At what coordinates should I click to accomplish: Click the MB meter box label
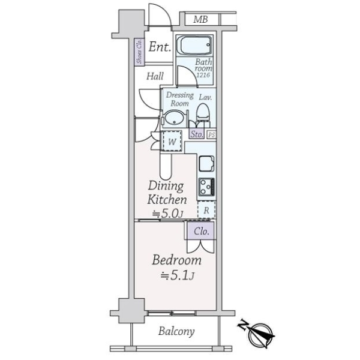pos(200,20)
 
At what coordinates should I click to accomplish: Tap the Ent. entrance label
pos(160,47)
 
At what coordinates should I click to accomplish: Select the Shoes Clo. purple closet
pos(139,52)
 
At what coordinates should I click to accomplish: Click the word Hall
pos(155,76)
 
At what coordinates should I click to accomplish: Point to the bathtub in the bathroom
pos(194,45)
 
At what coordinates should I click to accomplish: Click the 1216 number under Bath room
pos(203,75)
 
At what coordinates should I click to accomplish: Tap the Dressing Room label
pos(180,99)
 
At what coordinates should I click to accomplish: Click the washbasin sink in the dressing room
pos(174,118)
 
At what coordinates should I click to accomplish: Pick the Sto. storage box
pos(197,134)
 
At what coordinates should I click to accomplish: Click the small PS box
pos(211,135)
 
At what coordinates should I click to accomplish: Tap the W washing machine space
pos(172,141)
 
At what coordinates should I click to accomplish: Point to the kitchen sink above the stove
pos(206,164)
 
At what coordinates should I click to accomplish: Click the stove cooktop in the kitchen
pos(206,187)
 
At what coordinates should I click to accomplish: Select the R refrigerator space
pos(206,210)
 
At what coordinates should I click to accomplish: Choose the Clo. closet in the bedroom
pos(201,230)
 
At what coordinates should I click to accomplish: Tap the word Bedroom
pos(177,260)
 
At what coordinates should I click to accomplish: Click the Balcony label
pos(176,332)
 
